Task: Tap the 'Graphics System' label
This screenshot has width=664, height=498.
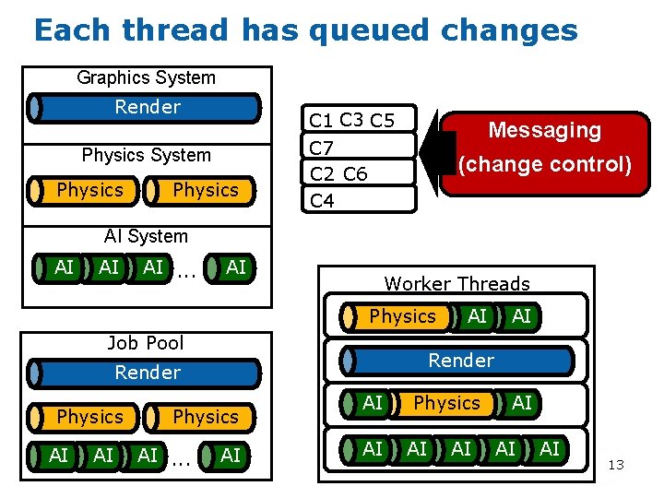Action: pos(146,78)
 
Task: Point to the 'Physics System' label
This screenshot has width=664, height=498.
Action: pos(146,155)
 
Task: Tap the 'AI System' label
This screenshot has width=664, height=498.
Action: pos(146,236)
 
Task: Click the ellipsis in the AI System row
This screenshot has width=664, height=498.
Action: pos(185,270)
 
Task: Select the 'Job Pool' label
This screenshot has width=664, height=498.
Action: pos(146,343)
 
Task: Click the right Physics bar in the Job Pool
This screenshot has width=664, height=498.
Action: pos(205,417)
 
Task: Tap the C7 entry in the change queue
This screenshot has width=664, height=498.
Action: pos(322,147)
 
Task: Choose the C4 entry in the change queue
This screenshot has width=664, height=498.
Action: pos(322,199)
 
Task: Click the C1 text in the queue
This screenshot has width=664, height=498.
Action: pos(321,120)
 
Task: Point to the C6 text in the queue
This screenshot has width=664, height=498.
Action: pos(355,173)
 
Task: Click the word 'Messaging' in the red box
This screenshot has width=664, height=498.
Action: pos(544,130)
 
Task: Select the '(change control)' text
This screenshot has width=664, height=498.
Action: pos(544,165)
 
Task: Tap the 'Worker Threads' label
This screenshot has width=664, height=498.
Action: pos(456,284)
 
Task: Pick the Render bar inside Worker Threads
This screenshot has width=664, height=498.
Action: pos(459,361)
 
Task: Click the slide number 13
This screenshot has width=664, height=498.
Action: pos(616,465)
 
